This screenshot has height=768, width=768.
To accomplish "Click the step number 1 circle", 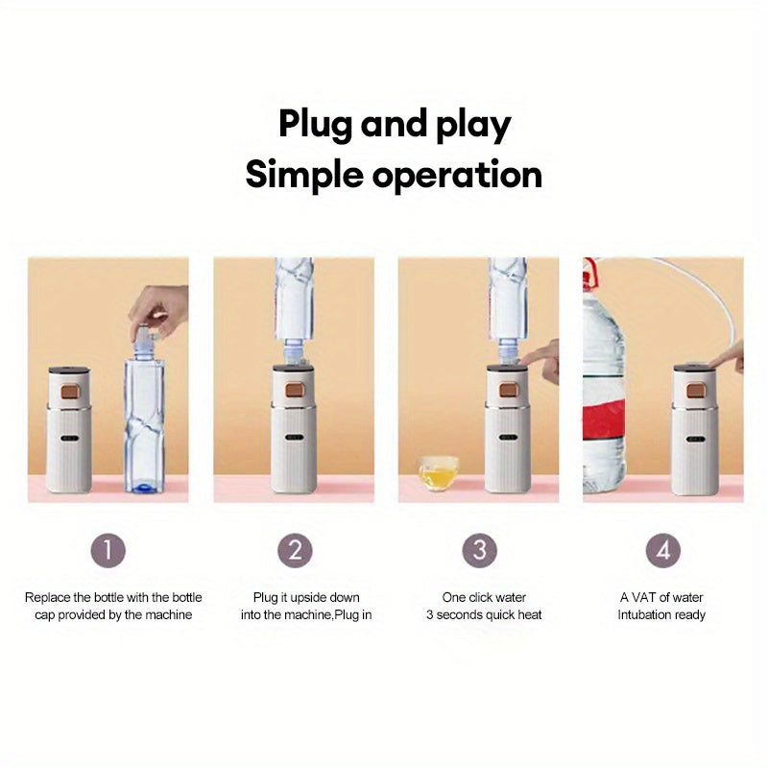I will point(108,550).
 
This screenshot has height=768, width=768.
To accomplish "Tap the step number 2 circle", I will point(295,550).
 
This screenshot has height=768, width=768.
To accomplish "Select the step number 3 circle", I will point(480,550).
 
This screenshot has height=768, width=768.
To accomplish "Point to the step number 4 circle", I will point(663,550).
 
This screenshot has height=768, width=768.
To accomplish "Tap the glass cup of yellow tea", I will point(438,472).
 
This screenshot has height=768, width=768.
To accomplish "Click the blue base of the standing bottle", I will point(143,487).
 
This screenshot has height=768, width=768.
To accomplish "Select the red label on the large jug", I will point(604,427).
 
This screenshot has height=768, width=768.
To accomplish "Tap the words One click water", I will point(484,597).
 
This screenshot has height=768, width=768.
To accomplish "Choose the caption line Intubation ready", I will point(661,614).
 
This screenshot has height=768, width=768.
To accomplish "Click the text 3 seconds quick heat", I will point(484,614).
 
